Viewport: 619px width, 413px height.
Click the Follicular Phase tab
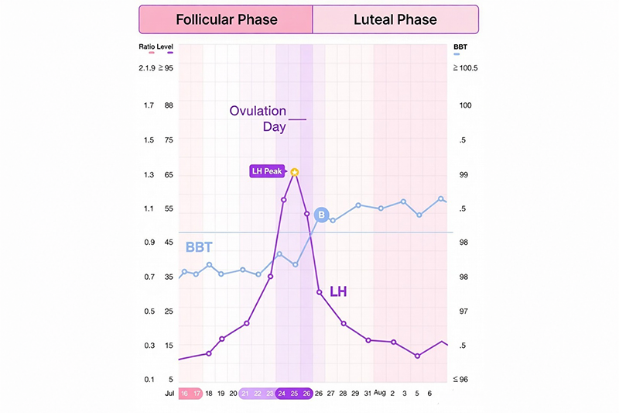pyautogui.click(x=225, y=19)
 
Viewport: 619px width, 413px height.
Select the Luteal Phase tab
pyautogui.click(x=395, y=19)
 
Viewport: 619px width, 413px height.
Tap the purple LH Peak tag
pyautogui.click(x=267, y=171)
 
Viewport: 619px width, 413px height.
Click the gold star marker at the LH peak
pyautogui.click(x=295, y=171)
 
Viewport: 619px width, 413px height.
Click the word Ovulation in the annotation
pyautogui.click(x=258, y=111)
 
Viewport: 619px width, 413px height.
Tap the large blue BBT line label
pyautogui.click(x=199, y=248)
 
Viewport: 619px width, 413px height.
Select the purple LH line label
pyautogui.click(x=339, y=292)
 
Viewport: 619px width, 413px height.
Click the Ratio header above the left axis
pyautogui.click(x=146, y=47)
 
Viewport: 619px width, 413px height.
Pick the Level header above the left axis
pyautogui.click(x=165, y=47)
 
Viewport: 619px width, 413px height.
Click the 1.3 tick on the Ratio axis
pyautogui.click(x=149, y=175)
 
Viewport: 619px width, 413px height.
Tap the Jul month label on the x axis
pyautogui.click(x=169, y=394)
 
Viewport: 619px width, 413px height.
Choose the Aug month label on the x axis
pyautogui.click(x=379, y=394)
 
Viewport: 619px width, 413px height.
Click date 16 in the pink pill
pyautogui.click(x=184, y=394)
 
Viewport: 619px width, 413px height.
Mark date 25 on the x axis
pyautogui.click(x=294, y=394)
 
